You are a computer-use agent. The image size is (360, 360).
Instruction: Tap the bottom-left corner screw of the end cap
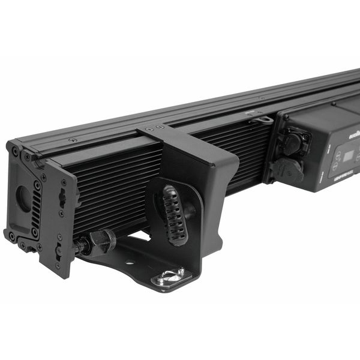[11, 236]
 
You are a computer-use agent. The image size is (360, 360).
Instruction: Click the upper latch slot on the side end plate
[62, 199]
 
